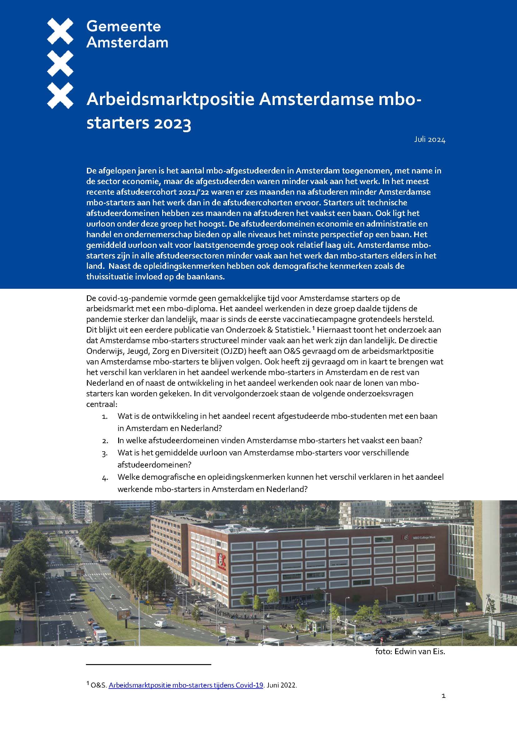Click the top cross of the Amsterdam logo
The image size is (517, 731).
point(60,31)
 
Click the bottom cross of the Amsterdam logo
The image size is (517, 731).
point(60,95)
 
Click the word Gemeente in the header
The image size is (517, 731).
point(123,26)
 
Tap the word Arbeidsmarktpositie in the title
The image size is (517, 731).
point(170,100)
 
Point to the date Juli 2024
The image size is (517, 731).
point(429,139)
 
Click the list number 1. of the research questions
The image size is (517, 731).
point(105,416)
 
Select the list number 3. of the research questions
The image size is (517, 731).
point(105,453)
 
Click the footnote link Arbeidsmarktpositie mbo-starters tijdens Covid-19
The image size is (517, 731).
point(186,685)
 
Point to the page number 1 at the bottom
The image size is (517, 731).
point(444,705)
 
